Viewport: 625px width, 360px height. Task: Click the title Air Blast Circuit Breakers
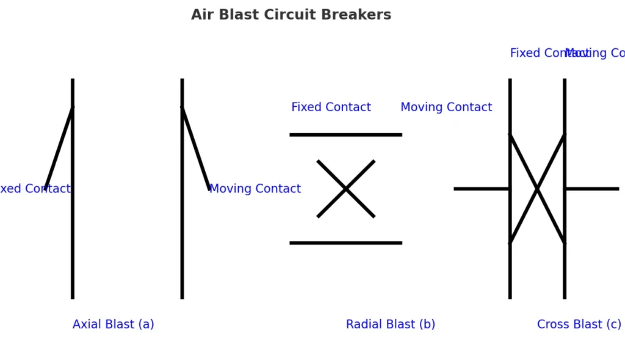[291, 15]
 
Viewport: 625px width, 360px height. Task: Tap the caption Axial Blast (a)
[113, 324]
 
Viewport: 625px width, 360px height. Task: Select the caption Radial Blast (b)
[390, 324]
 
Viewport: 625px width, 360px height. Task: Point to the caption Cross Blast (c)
[579, 324]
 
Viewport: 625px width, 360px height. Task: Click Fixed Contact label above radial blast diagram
[331, 107]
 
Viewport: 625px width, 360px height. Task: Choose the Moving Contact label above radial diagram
[446, 107]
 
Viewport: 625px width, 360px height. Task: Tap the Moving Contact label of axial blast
[255, 189]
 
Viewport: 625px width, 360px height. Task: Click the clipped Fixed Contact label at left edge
[34, 189]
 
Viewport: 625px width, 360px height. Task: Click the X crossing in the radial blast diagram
[345, 189]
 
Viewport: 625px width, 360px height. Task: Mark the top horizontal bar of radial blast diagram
[345, 134]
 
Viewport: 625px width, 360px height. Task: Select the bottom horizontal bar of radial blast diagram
[345, 243]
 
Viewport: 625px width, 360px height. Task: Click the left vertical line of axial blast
[73, 244]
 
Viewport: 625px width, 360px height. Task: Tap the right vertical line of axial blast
[182, 244]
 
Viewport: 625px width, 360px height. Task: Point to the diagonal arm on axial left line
[59, 148]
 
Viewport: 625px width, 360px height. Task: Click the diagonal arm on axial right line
[195, 148]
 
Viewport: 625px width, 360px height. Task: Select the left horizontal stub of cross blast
[482, 189]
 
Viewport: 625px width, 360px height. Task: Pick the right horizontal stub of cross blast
[592, 189]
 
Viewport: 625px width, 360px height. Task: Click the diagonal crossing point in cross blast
[537, 189]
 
